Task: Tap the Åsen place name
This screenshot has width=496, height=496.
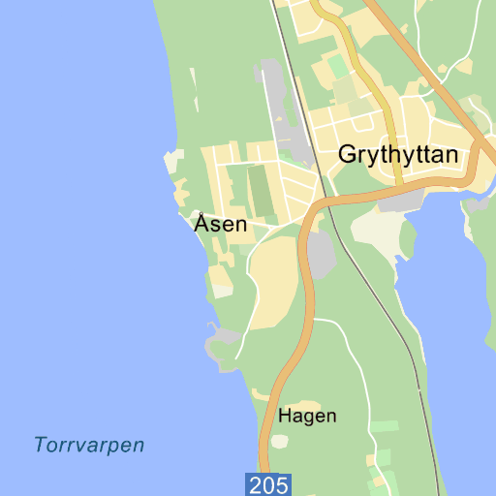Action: point(221,224)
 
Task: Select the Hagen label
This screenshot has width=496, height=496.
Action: point(307,417)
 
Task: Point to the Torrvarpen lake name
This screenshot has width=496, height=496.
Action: point(89,446)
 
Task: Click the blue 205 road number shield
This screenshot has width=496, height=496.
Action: point(268,484)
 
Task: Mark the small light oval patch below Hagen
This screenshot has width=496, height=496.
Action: point(280,442)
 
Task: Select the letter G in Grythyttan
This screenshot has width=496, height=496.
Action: point(348,154)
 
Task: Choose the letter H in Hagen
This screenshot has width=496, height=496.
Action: point(285,417)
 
